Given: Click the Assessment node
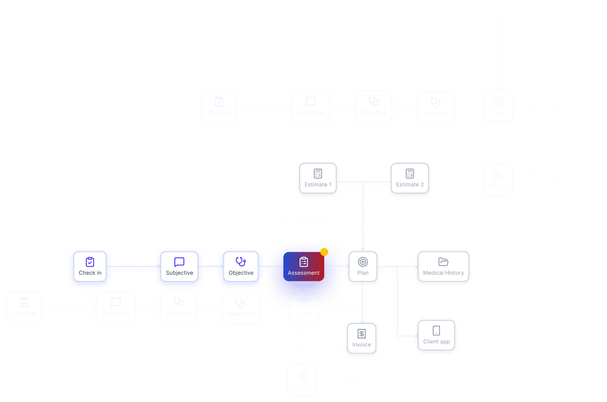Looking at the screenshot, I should click(303, 266).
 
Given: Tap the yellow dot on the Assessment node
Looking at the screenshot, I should click(324, 252).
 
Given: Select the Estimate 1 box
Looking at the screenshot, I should click(318, 179).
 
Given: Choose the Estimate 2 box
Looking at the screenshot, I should click(410, 179).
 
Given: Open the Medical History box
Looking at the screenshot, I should click(443, 267).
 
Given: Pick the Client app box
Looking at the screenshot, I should click(436, 336).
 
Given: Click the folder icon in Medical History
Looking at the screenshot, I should click(443, 262).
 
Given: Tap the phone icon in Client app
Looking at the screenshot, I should click(436, 331).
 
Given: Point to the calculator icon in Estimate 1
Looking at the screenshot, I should click(318, 174).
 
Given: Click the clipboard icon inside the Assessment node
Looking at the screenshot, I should click(304, 262).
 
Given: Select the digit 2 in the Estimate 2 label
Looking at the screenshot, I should click(422, 185).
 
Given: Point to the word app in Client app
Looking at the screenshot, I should click(445, 342).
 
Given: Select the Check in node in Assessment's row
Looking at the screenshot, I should click(90, 267).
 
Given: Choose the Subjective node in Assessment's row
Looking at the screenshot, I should click(179, 267).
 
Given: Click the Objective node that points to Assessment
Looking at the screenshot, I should click(241, 267).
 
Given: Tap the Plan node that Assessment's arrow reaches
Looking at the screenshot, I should click(363, 267).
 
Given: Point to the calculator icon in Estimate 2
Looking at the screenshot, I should click(410, 174).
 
